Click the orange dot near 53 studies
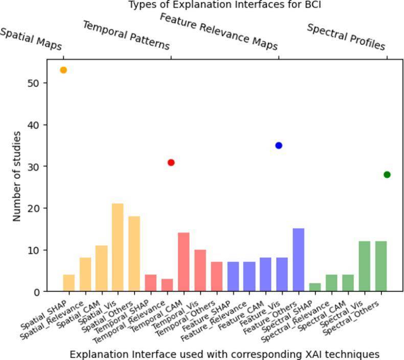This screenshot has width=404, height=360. click(x=63, y=70)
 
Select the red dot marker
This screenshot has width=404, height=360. click(x=171, y=163)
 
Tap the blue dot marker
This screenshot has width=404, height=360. click(x=279, y=146)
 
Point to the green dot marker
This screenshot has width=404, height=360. click(x=387, y=175)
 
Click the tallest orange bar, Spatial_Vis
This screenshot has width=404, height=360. click(x=118, y=247)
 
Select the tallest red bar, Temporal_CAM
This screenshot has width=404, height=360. click(x=184, y=262)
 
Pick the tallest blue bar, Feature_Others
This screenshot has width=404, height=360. click(x=298, y=260)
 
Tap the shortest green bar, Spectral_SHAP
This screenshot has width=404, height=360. click(x=315, y=287)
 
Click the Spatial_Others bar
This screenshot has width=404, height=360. click(x=134, y=254)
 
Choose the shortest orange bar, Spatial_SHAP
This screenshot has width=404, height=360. click(x=69, y=283)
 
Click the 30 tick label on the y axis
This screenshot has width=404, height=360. click(x=34, y=167)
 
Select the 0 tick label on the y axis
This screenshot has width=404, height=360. click(x=36, y=292)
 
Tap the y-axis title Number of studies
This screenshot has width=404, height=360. click(x=17, y=176)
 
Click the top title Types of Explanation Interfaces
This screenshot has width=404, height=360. click(x=225, y=5)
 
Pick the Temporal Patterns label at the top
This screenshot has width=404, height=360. click(x=126, y=35)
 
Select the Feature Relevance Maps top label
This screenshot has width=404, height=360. click(x=219, y=32)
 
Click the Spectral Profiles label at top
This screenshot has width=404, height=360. click(x=346, y=37)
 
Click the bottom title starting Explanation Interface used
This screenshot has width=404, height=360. click(x=225, y=354)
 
